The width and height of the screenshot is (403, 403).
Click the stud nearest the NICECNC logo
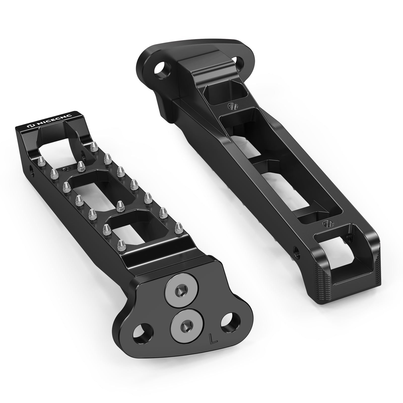[94, 146]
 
